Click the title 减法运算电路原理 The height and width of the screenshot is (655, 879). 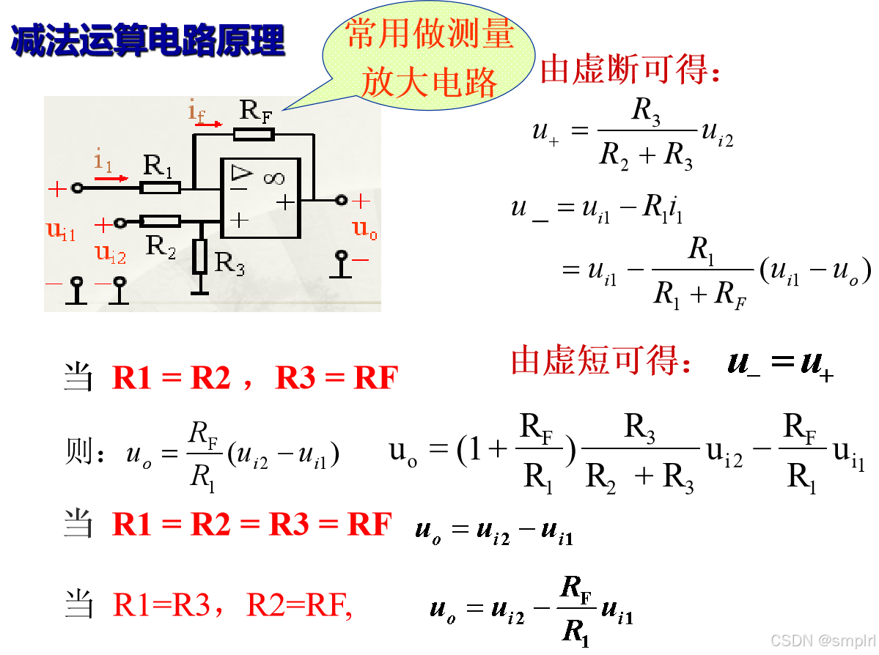[x=147, y=40]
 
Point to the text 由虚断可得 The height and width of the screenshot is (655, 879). [x=631, y=70]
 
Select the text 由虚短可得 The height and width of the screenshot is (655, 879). [x=601, y=361]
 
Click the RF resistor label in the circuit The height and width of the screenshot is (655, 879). [x=254, y=112]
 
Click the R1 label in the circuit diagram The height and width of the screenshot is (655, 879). [x=158, y=166]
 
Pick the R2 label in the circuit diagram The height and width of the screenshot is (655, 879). [x=161, y=246]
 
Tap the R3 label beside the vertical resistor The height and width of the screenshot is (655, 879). [x=229, y=263]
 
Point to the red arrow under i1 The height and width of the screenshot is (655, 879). [x=111, y=177]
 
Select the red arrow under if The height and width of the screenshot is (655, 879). [x=208, y=125]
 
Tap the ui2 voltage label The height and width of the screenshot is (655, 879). [x=111, y=254]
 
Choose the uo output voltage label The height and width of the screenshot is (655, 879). [x=365, y=229]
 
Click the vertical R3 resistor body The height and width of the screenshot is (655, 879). [x=200, y=256]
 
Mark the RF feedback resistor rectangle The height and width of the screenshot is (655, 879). [x=254, y=134]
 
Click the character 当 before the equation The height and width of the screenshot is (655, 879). [x=78, y=525]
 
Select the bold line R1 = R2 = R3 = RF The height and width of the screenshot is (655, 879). [x=252, y=525]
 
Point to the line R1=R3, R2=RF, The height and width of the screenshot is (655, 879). [x=232, y=605]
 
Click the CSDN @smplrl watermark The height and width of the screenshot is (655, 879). [x=821, y=640]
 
